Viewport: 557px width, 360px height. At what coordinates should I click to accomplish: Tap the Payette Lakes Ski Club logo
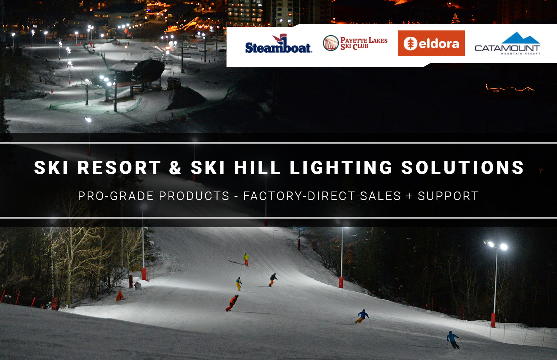pyautogui.click(x=355, y=43)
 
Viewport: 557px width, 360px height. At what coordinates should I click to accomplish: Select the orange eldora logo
pyautogui.click(x=431, y=43)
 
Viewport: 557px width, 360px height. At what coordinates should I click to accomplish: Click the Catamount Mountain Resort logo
pyautogui.click(x=507, y=44)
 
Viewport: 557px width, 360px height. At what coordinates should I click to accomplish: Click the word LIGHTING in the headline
pyautogui.click(x=341, y=167)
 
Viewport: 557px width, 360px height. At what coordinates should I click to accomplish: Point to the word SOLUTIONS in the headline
pyautogui.click(x=463, y=167)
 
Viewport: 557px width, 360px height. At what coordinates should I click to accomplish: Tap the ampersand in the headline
pyautogui.click(x=175, y=167)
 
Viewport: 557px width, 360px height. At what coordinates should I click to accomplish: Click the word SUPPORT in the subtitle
pyautogui.click(x=448, y=196)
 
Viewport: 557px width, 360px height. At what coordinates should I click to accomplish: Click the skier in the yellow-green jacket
pyautogui.click(x=246, y=259)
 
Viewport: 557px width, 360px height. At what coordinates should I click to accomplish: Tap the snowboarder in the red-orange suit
pyautogui.click(x=232, y=302)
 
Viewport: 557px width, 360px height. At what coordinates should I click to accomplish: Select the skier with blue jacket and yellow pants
pyautogui.click(x=362, y=316)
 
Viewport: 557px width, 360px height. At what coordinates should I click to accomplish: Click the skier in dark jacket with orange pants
pyautogui.click(x=273, y=279)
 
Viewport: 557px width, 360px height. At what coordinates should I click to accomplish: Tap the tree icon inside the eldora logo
pyautogui.click(x=410, y=44)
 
